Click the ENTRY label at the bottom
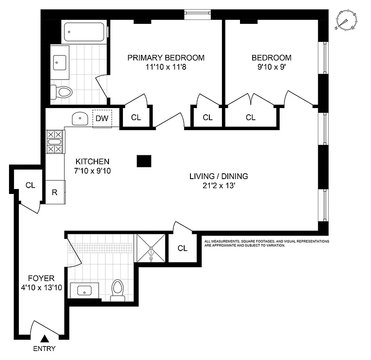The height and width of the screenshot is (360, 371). pyautogui.click(x=45, y=349)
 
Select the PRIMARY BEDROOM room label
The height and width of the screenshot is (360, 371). pyautogui.click(x=166, y=58)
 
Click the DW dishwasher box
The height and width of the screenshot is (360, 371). pyautogui.click(x=101, y=119)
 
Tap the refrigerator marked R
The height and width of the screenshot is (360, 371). pyautogui.click(x=55, y=192)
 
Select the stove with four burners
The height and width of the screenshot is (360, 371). pyautogui.click(x=54, y=142)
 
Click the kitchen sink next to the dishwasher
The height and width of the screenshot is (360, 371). pyautogui.click(x=80, y=119)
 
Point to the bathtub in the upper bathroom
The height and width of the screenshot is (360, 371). pyautogui.click(x=85, y=32)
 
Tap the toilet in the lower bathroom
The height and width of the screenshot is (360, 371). pyautogui.click(x=118, y=290)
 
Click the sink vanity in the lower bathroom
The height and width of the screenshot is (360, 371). pyautogui.click(x=85, y=291)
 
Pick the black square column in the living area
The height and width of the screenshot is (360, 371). pyautogui.click(x=144, y=161)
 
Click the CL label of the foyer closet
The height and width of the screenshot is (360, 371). pyautogui.click(x=30, y=185)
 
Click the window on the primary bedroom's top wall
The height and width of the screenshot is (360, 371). pyautogui.click(x=197, y=14)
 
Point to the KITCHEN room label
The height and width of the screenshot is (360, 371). pyautogui.click(x=92, y=161)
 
